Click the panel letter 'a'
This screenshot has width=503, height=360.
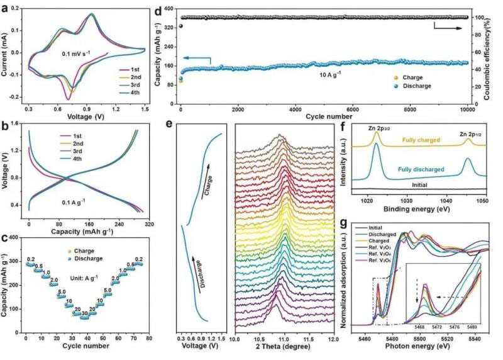click(x=6, y=7)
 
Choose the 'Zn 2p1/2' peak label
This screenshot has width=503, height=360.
click(x=469, y=127)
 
